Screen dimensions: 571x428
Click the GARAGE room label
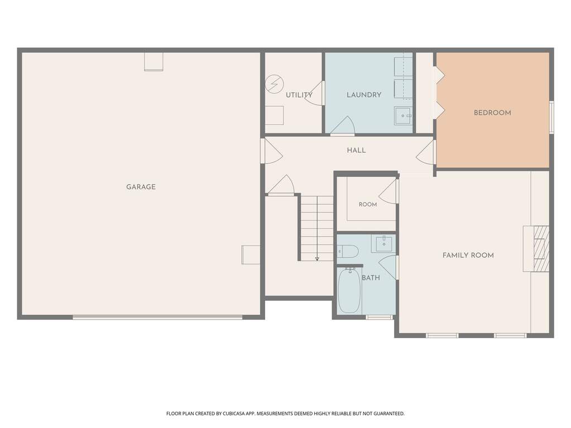pos(141,187)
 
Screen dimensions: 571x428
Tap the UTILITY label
pos(299,95)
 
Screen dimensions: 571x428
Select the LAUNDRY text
pos(364,95)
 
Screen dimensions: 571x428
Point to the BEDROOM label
pos(492,113)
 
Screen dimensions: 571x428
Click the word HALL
pos(356,150)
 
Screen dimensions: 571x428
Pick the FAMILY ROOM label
pos(468,256)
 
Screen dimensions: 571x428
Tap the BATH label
pos(371,278)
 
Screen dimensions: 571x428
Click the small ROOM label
pos(368,205)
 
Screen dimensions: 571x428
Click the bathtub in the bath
pos(349,290)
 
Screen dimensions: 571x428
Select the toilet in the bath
pos(348,252)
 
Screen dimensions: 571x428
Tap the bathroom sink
pos(383,244)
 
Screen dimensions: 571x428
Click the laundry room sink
pos(403,116)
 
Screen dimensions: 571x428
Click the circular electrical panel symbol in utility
pos(274,84)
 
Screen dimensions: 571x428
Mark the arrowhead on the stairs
pos(317,259)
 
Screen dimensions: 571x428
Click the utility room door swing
pos(314,93)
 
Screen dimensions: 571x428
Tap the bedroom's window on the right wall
pos(551,117)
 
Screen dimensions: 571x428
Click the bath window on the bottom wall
pos(379,318)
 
